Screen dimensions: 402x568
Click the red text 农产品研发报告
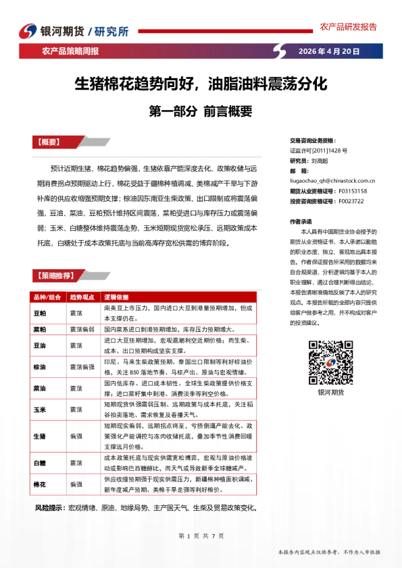[348, 27]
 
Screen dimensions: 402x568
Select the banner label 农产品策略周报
[70, 51]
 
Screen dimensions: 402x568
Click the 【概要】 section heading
[49, 142]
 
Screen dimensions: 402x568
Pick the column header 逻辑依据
[116, 297]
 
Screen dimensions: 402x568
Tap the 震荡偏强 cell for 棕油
[82, 367]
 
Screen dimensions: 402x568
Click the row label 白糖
[40, 463]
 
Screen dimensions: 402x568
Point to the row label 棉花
[40, 484]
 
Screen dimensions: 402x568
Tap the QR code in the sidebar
[330, 362]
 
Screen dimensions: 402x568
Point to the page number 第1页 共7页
[201, 536]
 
